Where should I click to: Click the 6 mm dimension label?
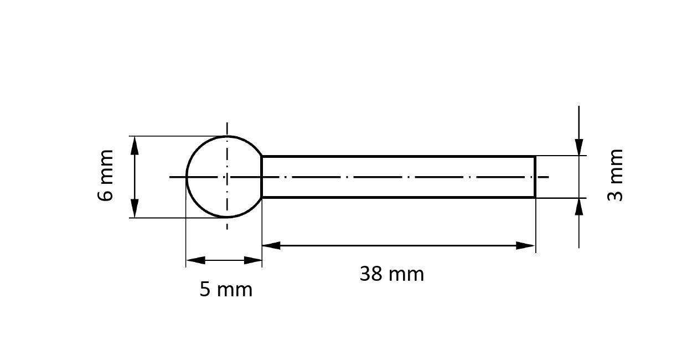tap(105, 175)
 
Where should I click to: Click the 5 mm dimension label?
tap(226, 290)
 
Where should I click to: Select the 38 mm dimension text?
tap(391, 274)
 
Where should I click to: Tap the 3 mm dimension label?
tap(616, 175)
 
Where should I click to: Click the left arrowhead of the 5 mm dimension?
tap(195, 260)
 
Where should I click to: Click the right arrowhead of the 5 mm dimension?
tap(253, 260)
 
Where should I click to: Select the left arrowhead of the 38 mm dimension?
tap(271, 245)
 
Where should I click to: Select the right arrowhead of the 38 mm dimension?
tap(526, 245)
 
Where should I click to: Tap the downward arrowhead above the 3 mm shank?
tap(579, 147)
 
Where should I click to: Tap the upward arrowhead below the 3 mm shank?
tap(579, 206)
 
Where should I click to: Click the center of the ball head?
tap(227, 177)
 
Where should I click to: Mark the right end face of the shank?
tap(535, 177)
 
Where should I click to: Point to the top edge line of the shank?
tap(399, 157)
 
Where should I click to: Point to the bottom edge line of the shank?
tap(399, 197)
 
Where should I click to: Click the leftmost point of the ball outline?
tap(187, 177)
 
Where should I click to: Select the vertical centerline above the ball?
tap(227, 128)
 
